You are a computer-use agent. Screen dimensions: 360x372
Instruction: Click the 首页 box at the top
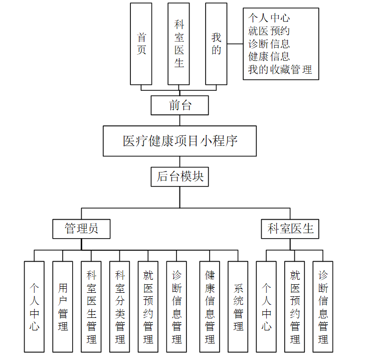[x=141, y=44]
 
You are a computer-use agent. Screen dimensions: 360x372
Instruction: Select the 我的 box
[x=216, y=44]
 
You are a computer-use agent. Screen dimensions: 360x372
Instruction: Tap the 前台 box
[x=179, y=105]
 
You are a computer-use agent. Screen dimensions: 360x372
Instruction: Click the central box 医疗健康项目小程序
[x=179, y=141]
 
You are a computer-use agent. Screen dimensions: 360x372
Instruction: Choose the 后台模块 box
[x=179, y=176]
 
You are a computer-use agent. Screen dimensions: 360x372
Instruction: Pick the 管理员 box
[x=81, y=229]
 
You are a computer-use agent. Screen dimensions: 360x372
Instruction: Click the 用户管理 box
[x=63, y=306]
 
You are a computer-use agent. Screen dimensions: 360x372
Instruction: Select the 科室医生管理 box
[x=91, y=306]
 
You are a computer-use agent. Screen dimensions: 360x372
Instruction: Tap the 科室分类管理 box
[x=120, y=306]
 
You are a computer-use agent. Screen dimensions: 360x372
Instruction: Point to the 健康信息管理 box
[x=210, y=306]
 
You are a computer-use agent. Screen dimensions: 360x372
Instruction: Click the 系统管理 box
[x=238, y=306]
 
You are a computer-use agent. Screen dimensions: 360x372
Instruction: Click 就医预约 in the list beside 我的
[x=269, y=31]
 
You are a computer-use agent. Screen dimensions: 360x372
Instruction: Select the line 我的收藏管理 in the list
[x=280, y=70]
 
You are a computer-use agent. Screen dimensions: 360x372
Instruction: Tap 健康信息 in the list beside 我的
[x=269, y=57]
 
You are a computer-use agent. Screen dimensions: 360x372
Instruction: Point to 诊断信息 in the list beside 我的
[x=269, y=44]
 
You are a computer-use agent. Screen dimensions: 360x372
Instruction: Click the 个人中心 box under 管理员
[x=34, y=306]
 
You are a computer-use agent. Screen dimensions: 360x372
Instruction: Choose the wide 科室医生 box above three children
[x=290, y=229]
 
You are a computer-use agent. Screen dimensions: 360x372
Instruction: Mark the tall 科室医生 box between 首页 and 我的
[x=178, y=44]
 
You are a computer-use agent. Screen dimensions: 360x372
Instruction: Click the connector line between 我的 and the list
[x=235, y=44]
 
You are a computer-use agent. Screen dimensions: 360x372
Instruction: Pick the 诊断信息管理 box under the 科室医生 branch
[x=323, y=306]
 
